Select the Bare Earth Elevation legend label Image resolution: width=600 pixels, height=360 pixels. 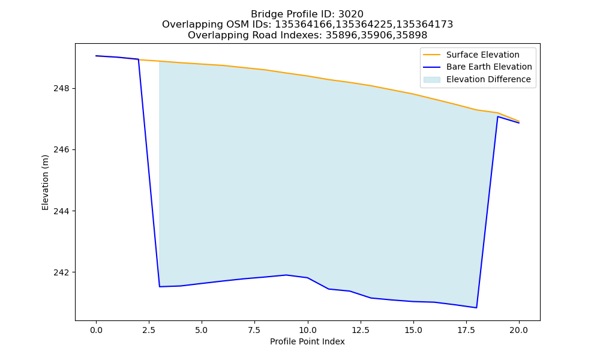[x=489, y=67]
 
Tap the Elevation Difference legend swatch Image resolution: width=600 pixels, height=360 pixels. [x=431, y=80]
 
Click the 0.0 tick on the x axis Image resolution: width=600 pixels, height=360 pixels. [x=96, y=330]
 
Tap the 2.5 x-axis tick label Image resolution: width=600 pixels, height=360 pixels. [x=149, y=330]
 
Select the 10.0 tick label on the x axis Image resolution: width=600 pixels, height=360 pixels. [x=307, y=330]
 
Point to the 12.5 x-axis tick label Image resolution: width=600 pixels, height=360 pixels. [x=360, y=330]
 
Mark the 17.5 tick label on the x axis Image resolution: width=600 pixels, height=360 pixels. [x=466, y=330]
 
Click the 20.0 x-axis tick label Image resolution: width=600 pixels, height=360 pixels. [x=519, y=330]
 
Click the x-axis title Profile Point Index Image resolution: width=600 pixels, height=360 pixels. [x=307, y=341]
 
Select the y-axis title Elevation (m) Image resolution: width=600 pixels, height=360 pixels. [x=45, y=182]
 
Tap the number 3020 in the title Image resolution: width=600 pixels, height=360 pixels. [x=350, y=14]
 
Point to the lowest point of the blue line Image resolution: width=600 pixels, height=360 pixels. [x=476, y=308]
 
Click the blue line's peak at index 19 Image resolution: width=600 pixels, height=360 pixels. [x=497, y=116]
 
